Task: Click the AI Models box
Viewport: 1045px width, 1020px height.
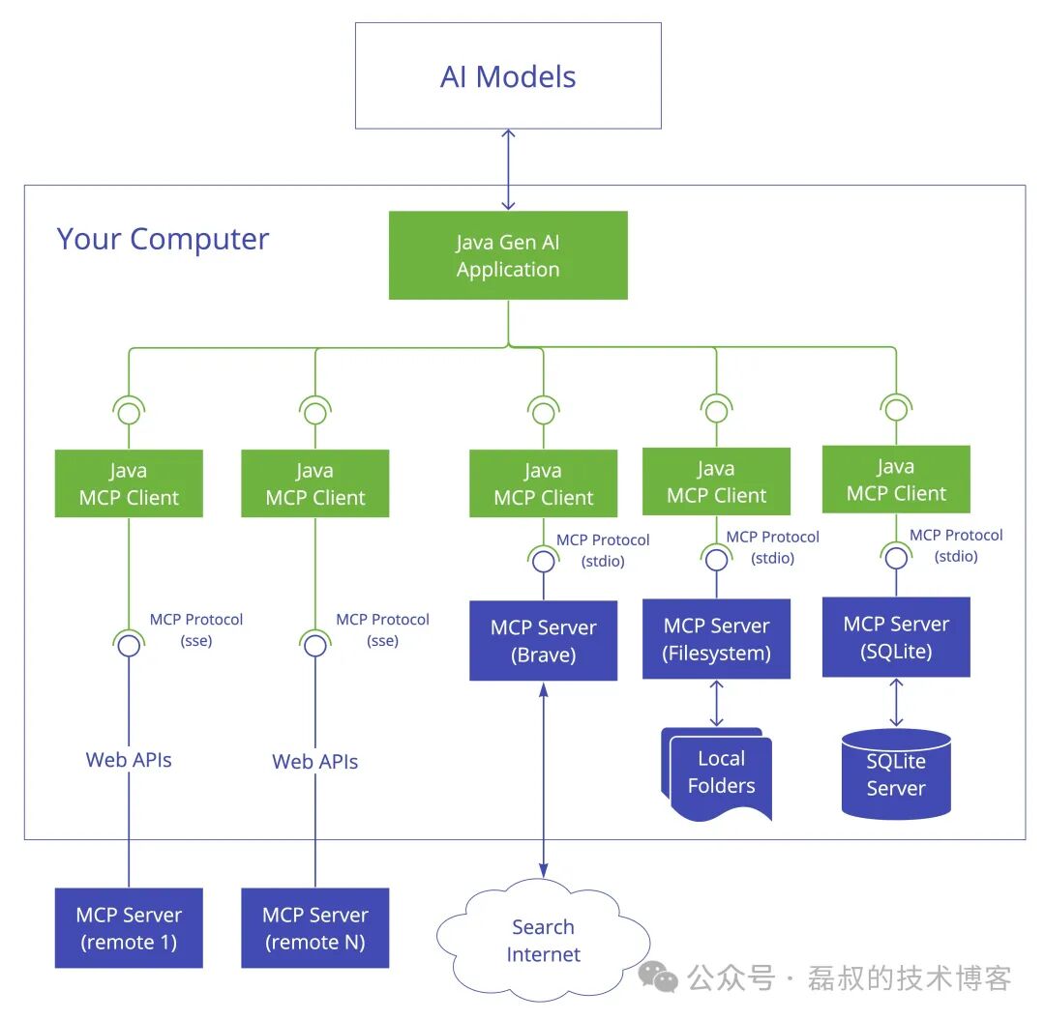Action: [x=508, y=76]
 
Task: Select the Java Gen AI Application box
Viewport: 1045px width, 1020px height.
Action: [x=508, y=255]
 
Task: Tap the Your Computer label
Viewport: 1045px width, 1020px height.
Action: [x=163, y=239]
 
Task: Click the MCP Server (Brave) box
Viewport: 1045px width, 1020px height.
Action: [x=543, y=640]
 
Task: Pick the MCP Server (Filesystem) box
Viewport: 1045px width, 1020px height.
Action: [x=716, y=639]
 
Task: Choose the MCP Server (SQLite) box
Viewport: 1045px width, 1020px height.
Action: [x=896, y=637]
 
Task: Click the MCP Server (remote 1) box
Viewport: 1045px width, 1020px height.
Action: [x=129, y=928]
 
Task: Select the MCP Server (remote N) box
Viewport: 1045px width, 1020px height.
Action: [x=315, y=928]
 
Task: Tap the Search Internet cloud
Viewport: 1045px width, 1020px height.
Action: [x=543, y=941]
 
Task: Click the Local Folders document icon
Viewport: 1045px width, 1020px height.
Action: [x=720, y=773]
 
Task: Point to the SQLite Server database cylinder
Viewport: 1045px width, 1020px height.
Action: [x=896, y=774]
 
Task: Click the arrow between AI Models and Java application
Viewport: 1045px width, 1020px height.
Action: [x=508, y=169]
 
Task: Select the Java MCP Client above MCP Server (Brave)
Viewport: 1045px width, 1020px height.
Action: [x=543, y=483]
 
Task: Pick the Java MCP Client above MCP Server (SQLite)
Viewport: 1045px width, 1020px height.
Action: [x=896, y=480]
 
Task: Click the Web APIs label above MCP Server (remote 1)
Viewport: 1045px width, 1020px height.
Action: [x=129, y=760]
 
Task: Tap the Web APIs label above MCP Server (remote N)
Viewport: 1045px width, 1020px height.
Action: [x=315, y=762]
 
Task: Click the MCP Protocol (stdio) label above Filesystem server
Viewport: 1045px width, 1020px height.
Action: [x=772, y=547]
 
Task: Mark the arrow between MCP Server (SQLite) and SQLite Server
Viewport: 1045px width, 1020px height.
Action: [x=896, y=702]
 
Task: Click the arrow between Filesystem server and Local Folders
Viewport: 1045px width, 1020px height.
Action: [x=716, y=703]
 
